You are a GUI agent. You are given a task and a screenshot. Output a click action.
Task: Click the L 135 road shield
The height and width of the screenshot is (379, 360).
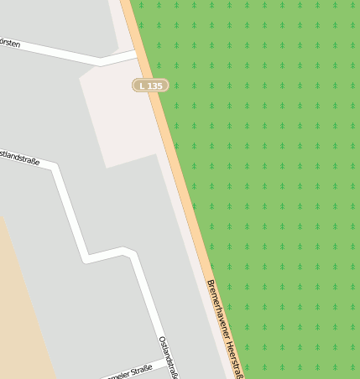coord(151,86)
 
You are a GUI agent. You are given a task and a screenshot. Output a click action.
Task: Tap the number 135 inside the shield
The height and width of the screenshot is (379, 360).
coord(155,86)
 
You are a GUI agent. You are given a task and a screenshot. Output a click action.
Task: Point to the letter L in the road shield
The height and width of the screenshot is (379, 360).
coord(143,86)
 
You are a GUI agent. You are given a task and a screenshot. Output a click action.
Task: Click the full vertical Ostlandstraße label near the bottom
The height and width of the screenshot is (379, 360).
coord(169,356)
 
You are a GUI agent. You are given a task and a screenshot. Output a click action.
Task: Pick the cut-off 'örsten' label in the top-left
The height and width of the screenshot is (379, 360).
coord(9,42)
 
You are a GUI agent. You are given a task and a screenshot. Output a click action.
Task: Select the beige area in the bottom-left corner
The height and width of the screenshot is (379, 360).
coord(21,319)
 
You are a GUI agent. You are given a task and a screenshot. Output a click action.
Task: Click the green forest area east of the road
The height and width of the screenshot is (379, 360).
coord(277,168)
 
